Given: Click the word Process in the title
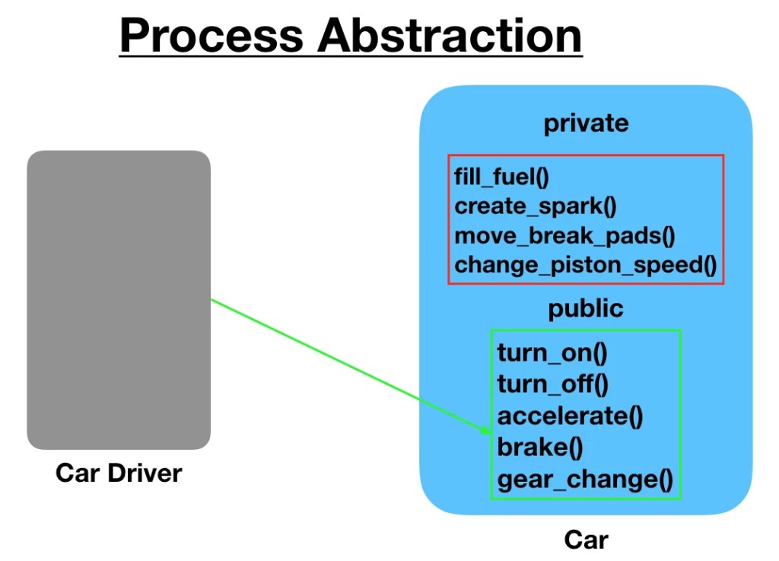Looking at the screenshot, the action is (x=211, y=35).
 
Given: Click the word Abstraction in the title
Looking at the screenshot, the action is (x=450, y=35).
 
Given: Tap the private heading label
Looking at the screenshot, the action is (x=587, y=124).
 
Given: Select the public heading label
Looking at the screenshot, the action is (x=586, y=308).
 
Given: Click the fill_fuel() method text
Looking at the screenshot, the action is (x=501, y=177).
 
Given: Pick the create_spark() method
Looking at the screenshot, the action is (x=536, y=206).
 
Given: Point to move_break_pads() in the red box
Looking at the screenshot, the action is (x=565, y=235).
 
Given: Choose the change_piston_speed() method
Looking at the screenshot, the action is (x=586, y=265).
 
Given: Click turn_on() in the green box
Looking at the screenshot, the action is (x=552, y=352).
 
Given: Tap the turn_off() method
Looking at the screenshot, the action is (x=552, y=384).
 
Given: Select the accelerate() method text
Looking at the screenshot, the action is (x=570, y=416).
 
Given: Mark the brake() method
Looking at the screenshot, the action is (x=540, y=448).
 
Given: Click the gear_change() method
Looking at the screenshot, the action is (x=585, y=480).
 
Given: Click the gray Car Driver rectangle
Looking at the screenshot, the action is (x=119, y=300).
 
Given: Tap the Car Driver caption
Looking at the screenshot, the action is (x=119, y=473).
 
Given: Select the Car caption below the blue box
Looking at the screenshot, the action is (x=587, y=540).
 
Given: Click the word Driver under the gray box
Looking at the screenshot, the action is (x=145, y=473).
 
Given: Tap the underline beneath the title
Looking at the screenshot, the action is (x=350, y=56).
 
